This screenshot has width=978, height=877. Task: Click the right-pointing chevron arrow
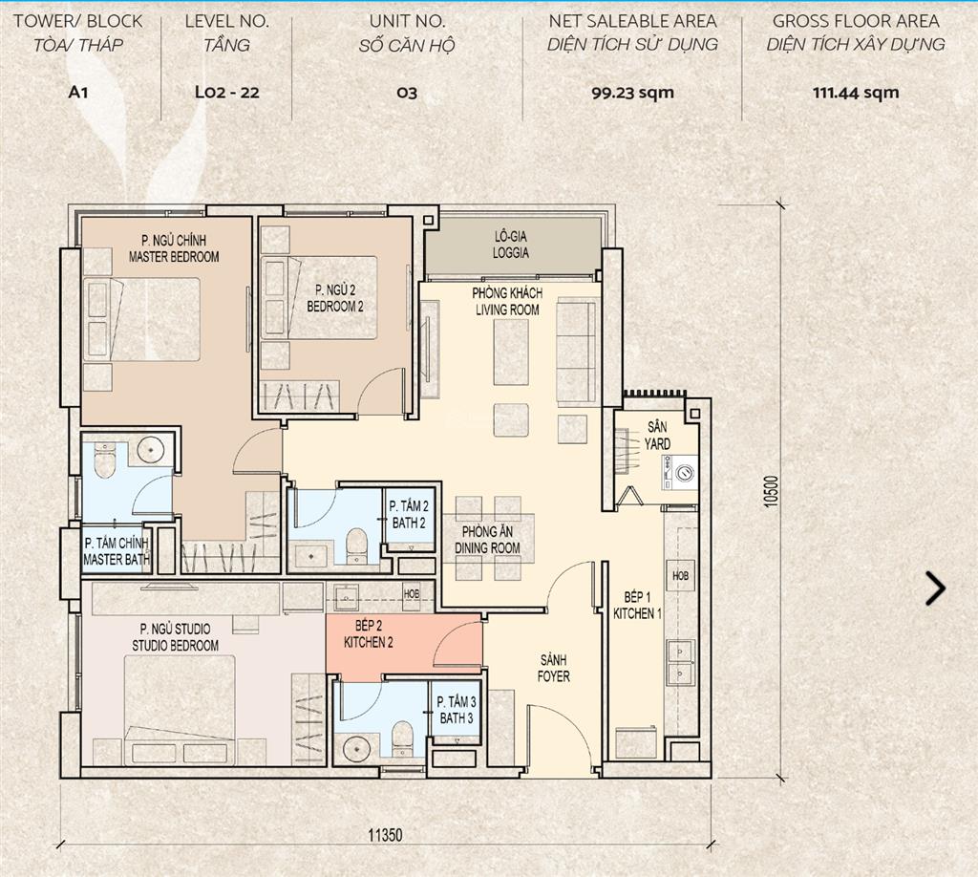(x=936, y=588)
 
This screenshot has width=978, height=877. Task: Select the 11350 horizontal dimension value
(x=385, y=835)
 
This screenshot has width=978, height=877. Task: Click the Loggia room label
(x=510, y=245)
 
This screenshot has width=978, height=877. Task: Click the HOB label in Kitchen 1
(x=680, y=576)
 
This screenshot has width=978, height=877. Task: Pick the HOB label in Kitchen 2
(x=412, y=594)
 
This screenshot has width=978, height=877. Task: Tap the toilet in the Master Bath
(x=104, y=460)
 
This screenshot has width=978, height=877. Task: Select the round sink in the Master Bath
(x=150, y=449)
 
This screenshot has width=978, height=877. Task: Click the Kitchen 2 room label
(x=368, y=633)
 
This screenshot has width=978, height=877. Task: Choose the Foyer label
(x=554, y=668)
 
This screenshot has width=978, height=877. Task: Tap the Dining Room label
(x=487, y=540)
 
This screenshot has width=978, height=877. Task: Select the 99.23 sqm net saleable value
(x=632, y=93)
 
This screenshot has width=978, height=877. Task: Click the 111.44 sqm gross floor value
(x=855, y=93)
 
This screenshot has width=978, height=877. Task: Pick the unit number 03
(x=407, y=93)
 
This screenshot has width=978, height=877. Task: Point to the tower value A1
(x=78, y=93)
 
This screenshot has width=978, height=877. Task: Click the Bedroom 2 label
(x=335, y=298)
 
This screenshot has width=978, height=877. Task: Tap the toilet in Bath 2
(x=357, y=545)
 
